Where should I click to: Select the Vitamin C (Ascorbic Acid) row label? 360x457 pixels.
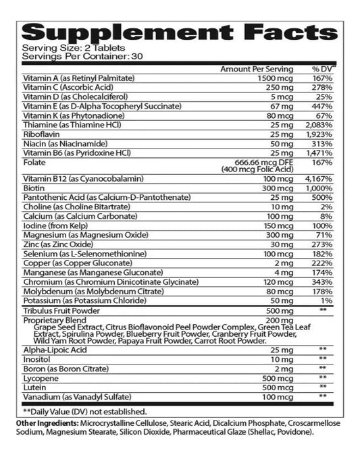pyautogui.click(x=65, y=88)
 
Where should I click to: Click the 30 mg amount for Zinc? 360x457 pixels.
pyautogui.click(x=282, y=242)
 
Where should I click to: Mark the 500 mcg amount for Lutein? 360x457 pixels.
pyautogui.click(x=279, y=388)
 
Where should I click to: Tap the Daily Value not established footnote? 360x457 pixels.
pyautogui.click(x=84, y=411)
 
